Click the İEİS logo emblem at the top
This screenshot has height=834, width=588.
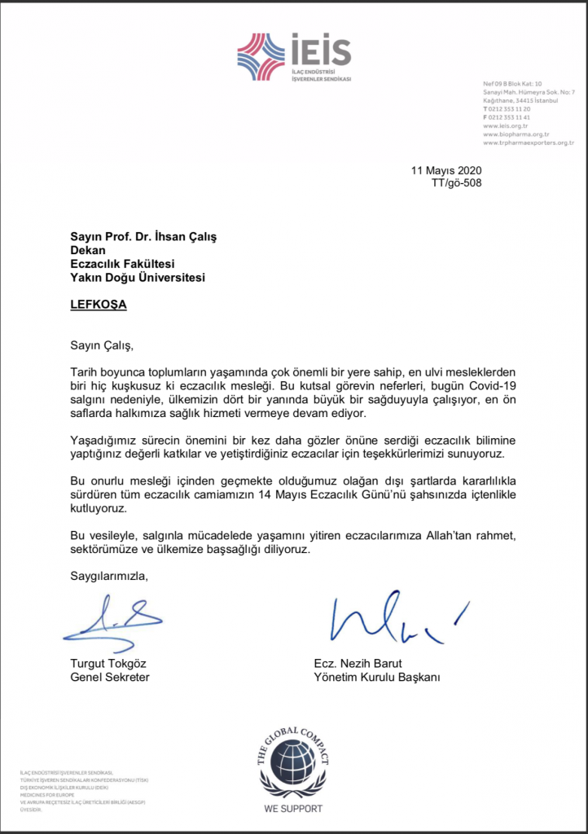pyautogui.click(x=261, y=56)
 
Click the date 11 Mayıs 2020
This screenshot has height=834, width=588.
pyautogui.click(x=447, y=170)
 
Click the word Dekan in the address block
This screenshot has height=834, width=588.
pyautogui.click(x=89, y=250)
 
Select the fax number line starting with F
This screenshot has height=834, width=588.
pyautogui.click(x=507, y=117)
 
